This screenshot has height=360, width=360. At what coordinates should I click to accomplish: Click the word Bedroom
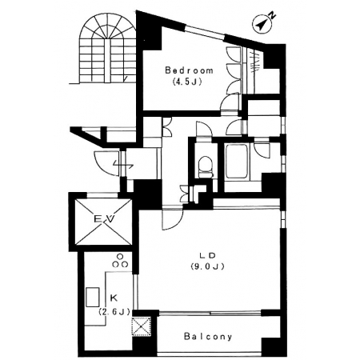pos(189,70)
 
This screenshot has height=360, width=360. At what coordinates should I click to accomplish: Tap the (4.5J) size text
pos(186,82)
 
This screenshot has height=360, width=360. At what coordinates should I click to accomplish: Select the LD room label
pos(207,255)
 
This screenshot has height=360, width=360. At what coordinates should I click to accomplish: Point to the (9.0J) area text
pos(207,266)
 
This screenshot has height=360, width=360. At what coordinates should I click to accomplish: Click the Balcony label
pos(208,337)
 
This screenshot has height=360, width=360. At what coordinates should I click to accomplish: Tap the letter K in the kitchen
pos(114,298)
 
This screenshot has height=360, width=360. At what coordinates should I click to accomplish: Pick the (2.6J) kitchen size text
pos(114,311)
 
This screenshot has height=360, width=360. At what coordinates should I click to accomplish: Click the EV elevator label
pos(105,219)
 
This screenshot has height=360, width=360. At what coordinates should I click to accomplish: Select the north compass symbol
pos(263,22)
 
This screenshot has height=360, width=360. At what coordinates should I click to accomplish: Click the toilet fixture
pos(206,167)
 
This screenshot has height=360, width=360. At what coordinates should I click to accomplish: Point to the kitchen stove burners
pos(120,261)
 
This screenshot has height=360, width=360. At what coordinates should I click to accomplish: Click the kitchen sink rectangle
pos(93,297)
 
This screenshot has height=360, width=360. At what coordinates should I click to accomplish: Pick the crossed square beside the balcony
pos(142,326)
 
